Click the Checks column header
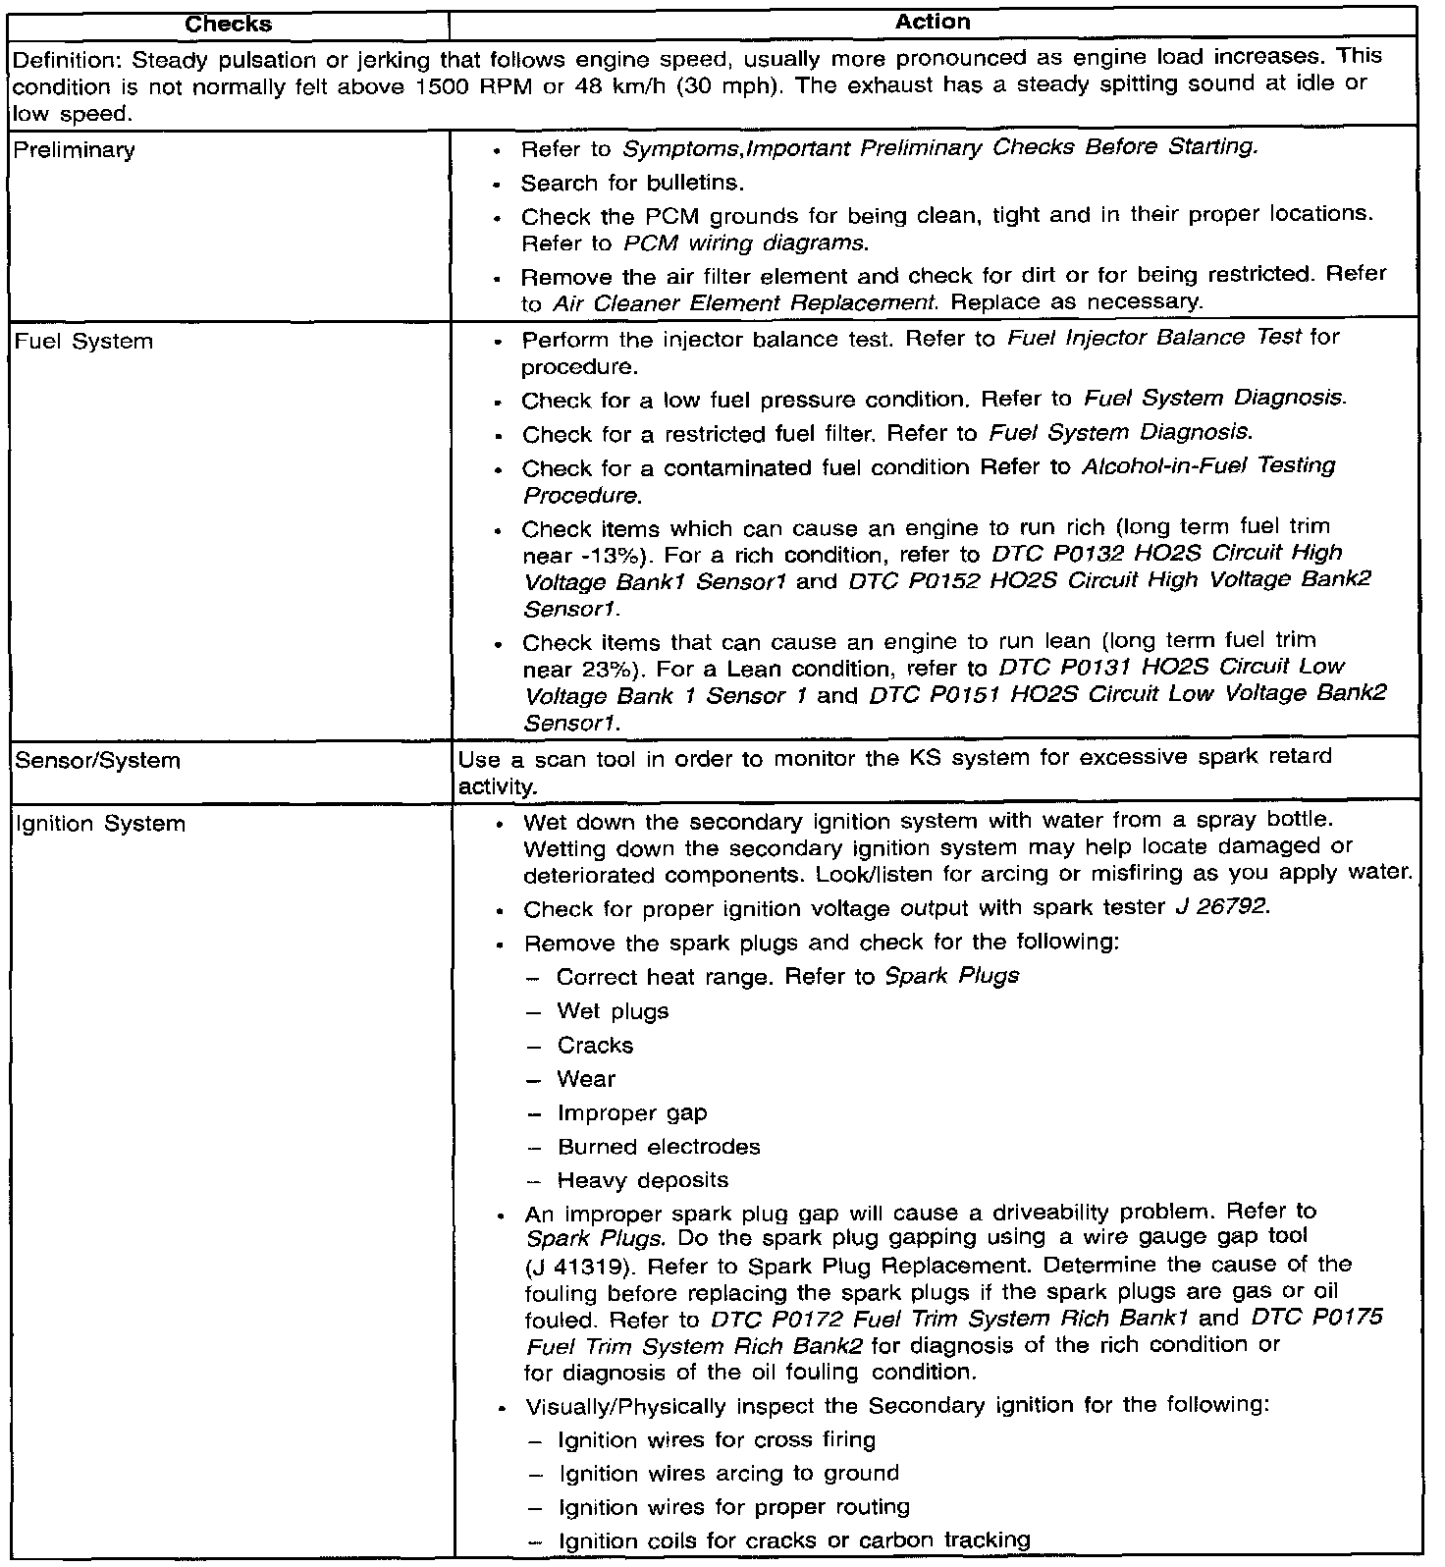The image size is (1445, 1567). click(x=228, y=24)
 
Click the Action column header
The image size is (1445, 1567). click(x=933, y=22)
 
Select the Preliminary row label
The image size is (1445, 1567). click(x=75, y=150)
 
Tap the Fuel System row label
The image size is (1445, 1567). click(x=83, y=342)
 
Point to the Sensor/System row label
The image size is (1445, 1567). click(x=97, y=760)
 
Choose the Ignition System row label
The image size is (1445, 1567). click(x=100, y=823)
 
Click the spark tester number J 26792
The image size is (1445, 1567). click(x=1222, y=908)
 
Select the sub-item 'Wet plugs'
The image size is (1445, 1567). click(x=613, y=1011)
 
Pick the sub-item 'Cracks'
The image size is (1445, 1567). click(x=595, y=1046)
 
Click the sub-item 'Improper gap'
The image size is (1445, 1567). click(x=632, y=1113)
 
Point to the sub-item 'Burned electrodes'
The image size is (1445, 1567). click(x=659, y=1147)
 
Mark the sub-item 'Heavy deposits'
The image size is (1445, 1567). click(x=643, y=1180)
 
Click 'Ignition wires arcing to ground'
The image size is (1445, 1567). click(x=728, y=1474)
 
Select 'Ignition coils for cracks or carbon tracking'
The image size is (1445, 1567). click(x=794, y=1540)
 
